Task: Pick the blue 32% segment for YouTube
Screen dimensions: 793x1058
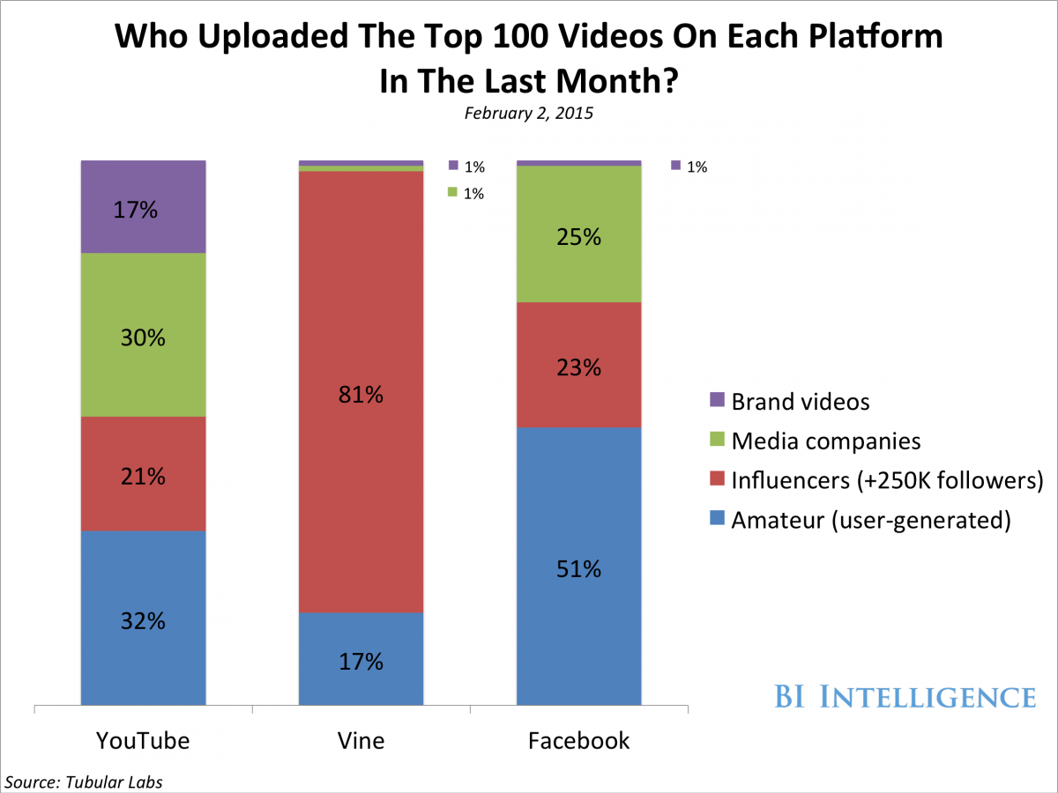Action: pyautogui.click(x=143, y=619)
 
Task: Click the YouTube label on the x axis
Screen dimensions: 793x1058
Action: pyautogui.click(x=143, y=740)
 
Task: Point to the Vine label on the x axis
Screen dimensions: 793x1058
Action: pyautogui.click(x=361, y=740)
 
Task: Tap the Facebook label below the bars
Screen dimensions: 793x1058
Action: pyautogui.click(x=578, y=740)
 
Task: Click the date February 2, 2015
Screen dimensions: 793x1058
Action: pyautogui.click(x=529, y=115)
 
